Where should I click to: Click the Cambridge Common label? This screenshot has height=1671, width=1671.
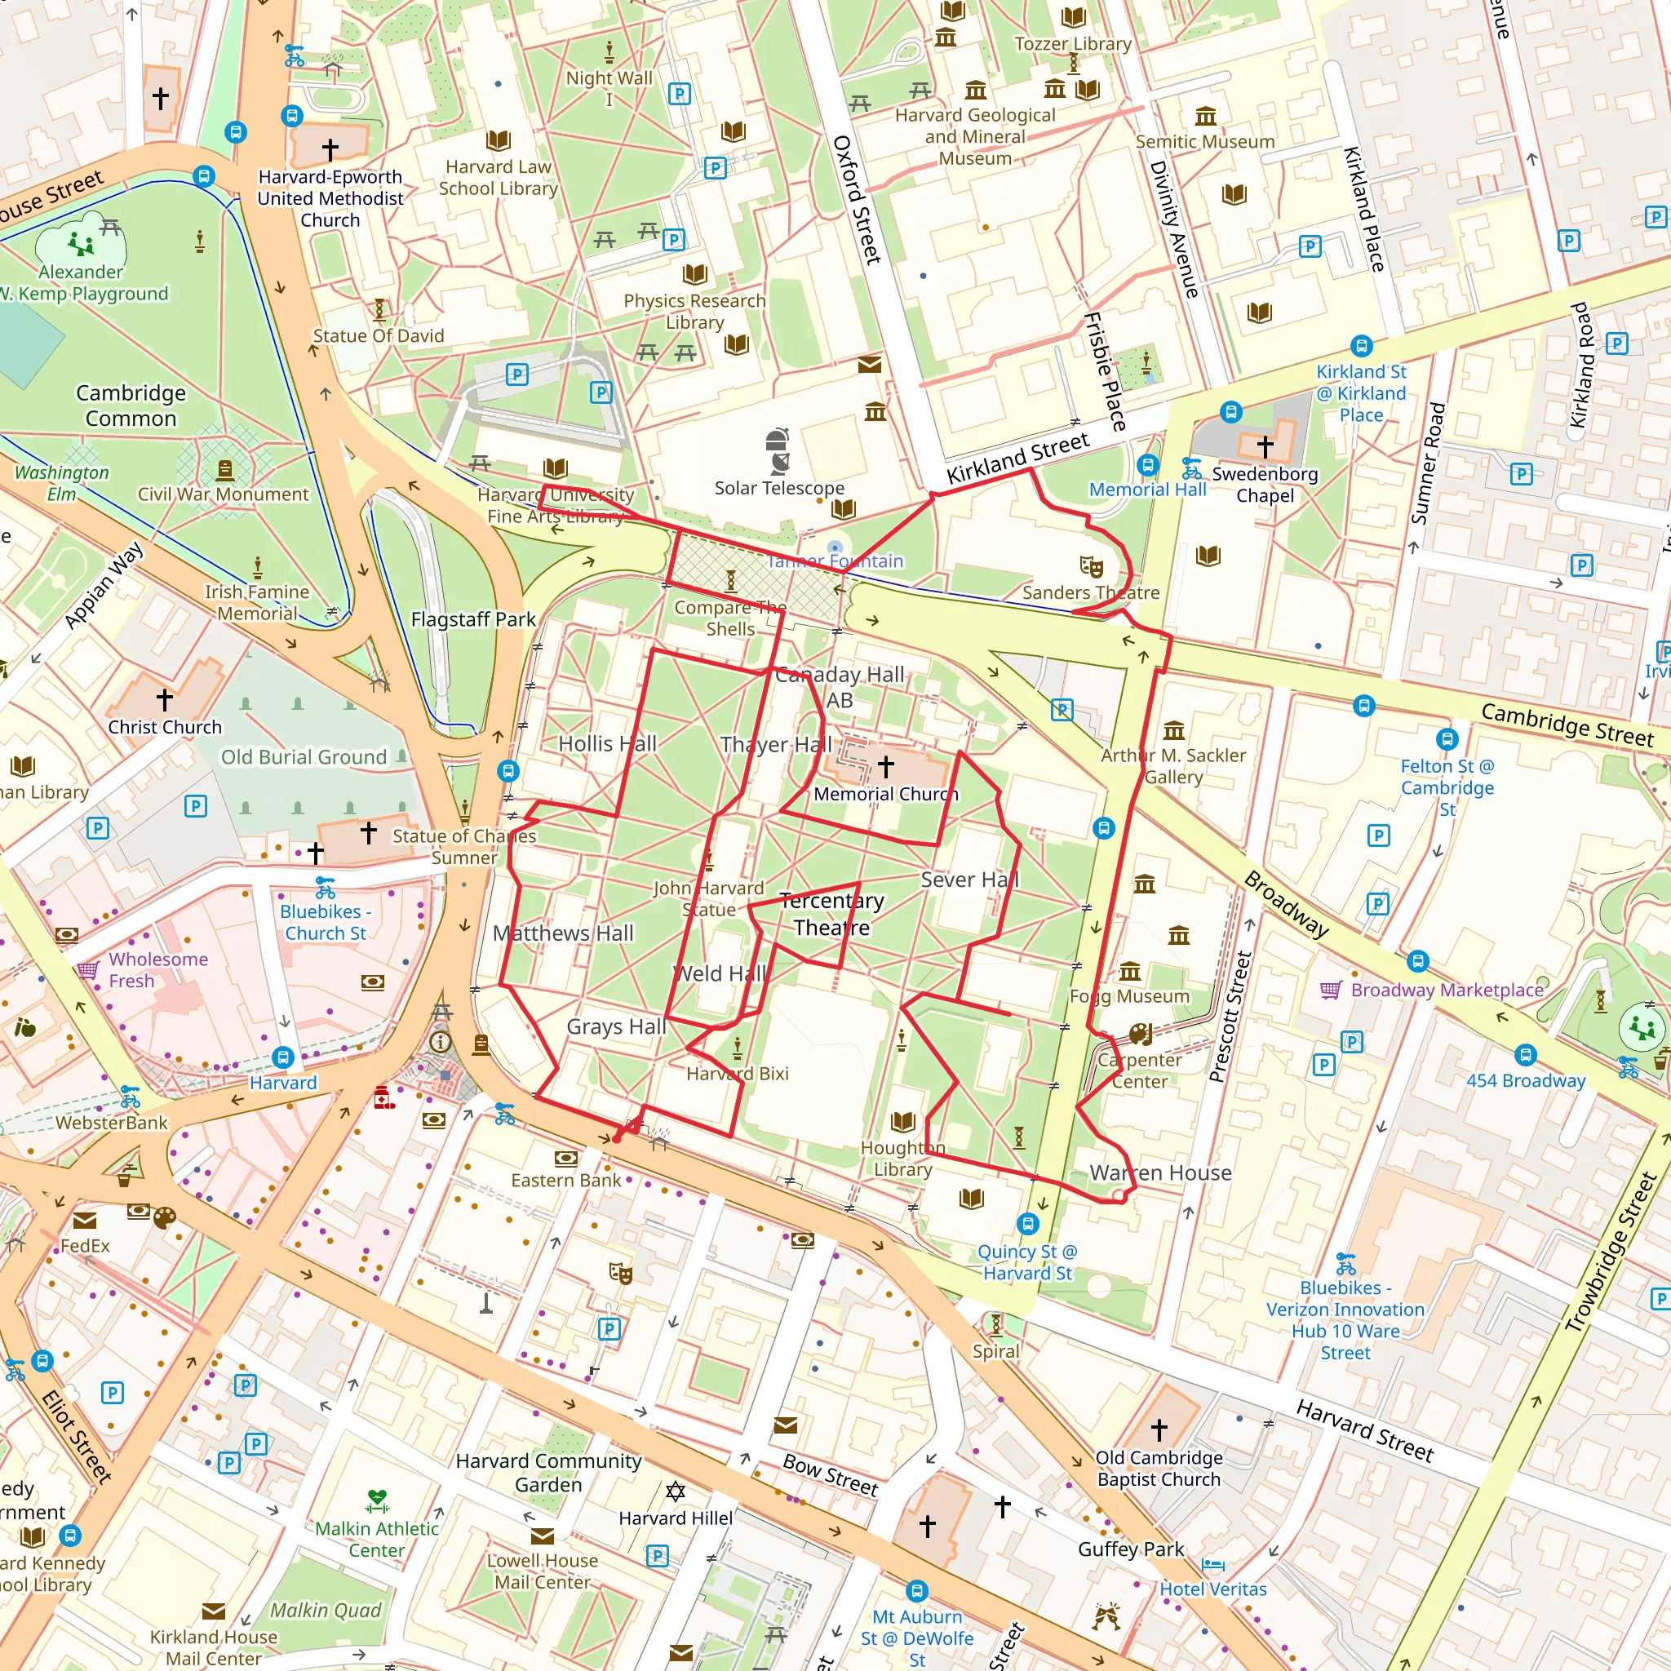coord(131,406)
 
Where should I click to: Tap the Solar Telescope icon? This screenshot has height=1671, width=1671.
coord(778,450)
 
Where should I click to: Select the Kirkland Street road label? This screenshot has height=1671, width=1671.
coord(1017,459)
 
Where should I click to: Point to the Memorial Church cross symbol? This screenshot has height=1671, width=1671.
coord(885,765)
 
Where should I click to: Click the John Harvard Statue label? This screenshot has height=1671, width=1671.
coord(708,898)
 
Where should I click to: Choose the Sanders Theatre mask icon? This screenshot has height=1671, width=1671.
coord(1092,567)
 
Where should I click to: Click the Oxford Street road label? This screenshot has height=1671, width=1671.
coord(856,199)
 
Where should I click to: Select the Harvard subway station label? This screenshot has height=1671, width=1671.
coord(283,1083)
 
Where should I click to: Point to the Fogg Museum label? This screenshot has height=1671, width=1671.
coord(1129,996)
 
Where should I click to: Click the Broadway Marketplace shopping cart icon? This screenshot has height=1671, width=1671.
coord(1331,990)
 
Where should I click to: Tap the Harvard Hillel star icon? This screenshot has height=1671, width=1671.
coord(676,1491)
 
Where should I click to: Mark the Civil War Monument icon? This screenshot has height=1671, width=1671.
coord(225,471)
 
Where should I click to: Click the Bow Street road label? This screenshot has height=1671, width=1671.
coord(831,1474)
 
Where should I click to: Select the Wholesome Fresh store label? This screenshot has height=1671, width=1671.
coord(157,969)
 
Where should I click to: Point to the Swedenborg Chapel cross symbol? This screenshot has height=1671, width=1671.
coord(1265,447)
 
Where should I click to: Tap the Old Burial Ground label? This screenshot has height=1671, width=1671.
coord(304,757)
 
